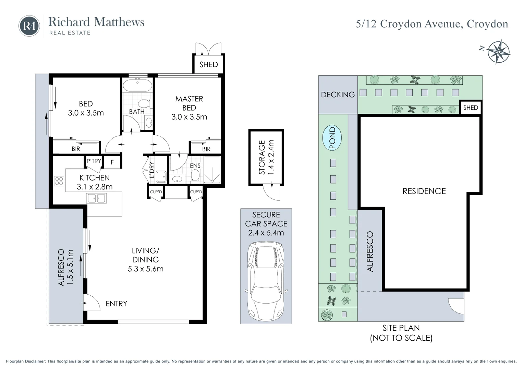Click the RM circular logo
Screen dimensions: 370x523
point(29,26)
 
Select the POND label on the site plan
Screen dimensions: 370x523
point(332,138)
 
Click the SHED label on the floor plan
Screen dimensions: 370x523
point(208,64)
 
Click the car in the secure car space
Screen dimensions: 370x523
point(266,280)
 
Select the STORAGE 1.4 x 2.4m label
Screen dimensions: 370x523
point(266,157)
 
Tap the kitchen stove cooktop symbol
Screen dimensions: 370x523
point(59,181)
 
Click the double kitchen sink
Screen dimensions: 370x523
point(97,198)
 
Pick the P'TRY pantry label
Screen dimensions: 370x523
point(94,161)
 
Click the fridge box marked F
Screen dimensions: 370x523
point(112,162)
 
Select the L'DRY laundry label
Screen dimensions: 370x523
point(152,170)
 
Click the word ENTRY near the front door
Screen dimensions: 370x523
point(116,304)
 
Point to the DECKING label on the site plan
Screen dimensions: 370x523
point(338,95)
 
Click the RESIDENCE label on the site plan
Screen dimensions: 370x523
point(424,191)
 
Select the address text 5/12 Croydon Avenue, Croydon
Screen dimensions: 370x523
point(432,24)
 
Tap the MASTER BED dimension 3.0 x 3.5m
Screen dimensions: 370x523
point(189,117)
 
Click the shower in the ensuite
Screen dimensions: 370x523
point(212,170)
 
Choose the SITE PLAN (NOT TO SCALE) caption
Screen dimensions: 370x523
point(401,333)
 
